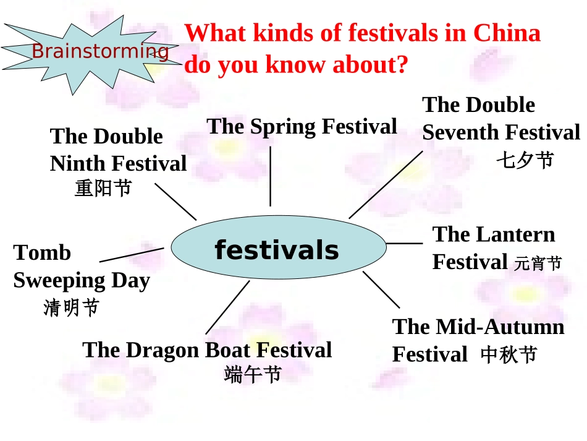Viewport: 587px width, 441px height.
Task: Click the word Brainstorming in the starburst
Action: click(100, 51)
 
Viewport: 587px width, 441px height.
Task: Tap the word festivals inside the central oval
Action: click(277, 250)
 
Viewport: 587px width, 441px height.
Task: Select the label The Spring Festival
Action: click(302, 127)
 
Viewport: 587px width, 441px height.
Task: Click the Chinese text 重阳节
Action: click(103, 187)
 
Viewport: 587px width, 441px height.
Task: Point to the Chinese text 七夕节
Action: click(525, 160)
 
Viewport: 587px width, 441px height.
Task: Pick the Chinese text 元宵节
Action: click(538, 264)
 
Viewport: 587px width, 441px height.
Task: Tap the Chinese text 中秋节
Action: click(509, 355)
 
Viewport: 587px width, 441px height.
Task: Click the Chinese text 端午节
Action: click(253, 374)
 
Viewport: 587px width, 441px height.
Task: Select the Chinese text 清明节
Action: click(71, 307)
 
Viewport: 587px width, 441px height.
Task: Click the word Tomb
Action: click(42, 253)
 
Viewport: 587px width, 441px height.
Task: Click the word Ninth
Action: click(77, 163)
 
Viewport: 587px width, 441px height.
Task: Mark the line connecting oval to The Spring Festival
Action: click(270, 176)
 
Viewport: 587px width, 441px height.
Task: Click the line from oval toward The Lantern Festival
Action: click(404, 243)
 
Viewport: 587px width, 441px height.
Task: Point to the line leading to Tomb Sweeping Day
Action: click(132, 255)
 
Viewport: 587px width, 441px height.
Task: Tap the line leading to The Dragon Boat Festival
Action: click(227, 307)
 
